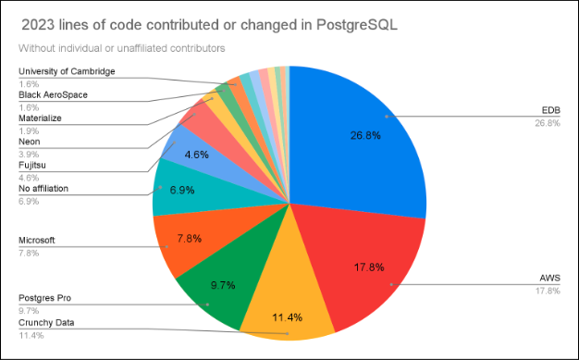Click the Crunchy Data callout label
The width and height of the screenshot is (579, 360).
[x=47, y=323]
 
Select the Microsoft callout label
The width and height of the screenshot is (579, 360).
[x=37, y=240]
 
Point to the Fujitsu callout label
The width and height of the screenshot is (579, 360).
[x=31, y=165]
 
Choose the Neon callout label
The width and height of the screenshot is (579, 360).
[x=29, y=142]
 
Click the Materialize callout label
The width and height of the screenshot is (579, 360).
[x=41, y=118]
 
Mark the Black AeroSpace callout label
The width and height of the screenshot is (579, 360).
[x=54, y=94]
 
